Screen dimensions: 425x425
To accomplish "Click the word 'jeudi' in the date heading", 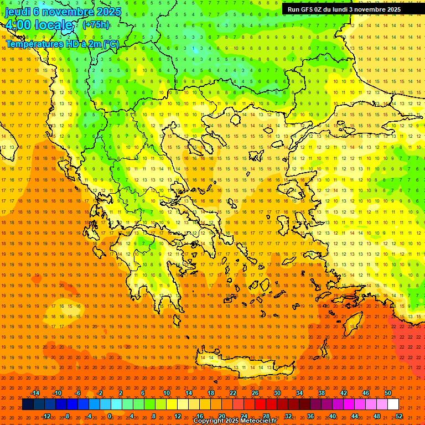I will point(17,11).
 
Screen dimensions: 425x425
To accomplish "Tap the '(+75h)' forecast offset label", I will point(96,25).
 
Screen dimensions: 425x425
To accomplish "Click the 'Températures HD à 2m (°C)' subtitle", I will point(62,44).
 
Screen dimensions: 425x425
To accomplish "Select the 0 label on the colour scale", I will point(110,416).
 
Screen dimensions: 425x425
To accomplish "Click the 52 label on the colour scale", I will point(399,416).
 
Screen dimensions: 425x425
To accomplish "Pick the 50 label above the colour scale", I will point(388,393).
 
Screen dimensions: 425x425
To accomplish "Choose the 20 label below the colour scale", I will point(221,416).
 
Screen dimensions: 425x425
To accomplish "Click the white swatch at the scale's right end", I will point(393,405).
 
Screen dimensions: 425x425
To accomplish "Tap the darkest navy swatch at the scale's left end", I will point(28,405).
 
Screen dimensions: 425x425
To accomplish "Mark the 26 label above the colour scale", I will point(255,393).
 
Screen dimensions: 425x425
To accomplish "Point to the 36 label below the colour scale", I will point(310,416).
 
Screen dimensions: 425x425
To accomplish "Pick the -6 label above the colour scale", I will point(78,393).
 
